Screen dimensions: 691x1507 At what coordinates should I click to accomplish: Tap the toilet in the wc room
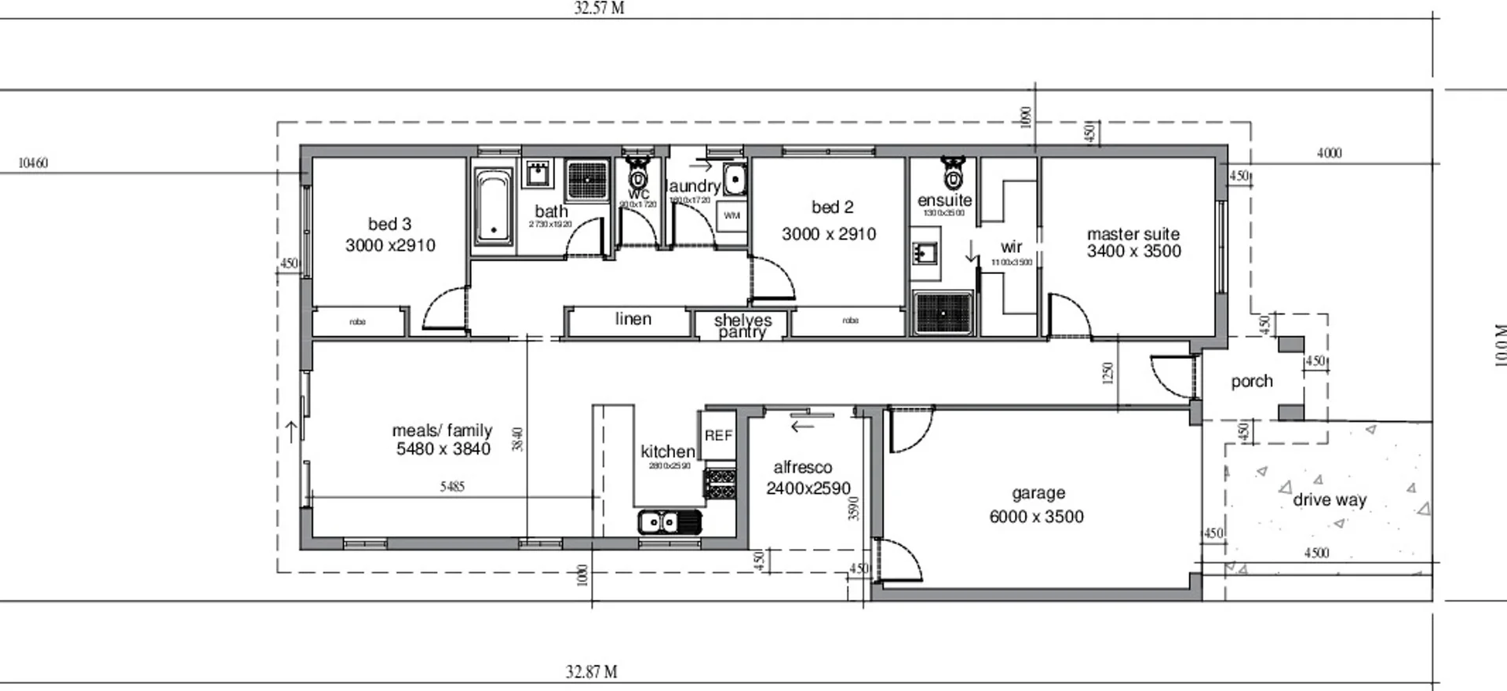pyautogui.click(x=637, y=169)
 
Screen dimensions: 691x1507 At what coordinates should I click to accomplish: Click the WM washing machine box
pyautogui.click(x=732, y=216)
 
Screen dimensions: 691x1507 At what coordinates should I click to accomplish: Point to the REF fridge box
pyautogui.click(x=718, y=435)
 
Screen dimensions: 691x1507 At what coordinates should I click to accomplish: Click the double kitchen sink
pyautogui.click(x=669, y=521)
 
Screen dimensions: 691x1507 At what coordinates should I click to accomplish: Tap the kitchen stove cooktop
pyautogui.click(x=720, y=483)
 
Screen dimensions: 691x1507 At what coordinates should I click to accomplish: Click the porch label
pyautogui.click(x=1251, y=382)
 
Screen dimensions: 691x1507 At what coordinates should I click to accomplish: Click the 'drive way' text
pyautogui.click(x=1330, y=499)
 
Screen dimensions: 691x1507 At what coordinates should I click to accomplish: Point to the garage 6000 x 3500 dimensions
pyautogui.click(x=1036, y=517)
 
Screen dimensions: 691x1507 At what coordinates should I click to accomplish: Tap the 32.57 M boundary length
pyautogui.click(x=599, y=9)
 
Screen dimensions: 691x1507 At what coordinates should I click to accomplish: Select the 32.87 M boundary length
pyautogui.click(x=591, y=672)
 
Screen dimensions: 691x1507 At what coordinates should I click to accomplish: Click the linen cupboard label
pyautogui.click(x=633, y=319)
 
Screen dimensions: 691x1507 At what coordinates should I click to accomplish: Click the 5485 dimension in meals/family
pyautogui.click(x=452, y=487)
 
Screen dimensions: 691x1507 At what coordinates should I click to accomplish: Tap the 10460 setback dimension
pyautogui.click(x=33, y=163)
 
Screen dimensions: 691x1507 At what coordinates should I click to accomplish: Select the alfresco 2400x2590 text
pyautogui.click(x=808, y=488)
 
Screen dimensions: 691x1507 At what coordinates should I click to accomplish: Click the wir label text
pyautogui.click(x=1011, y=247)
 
